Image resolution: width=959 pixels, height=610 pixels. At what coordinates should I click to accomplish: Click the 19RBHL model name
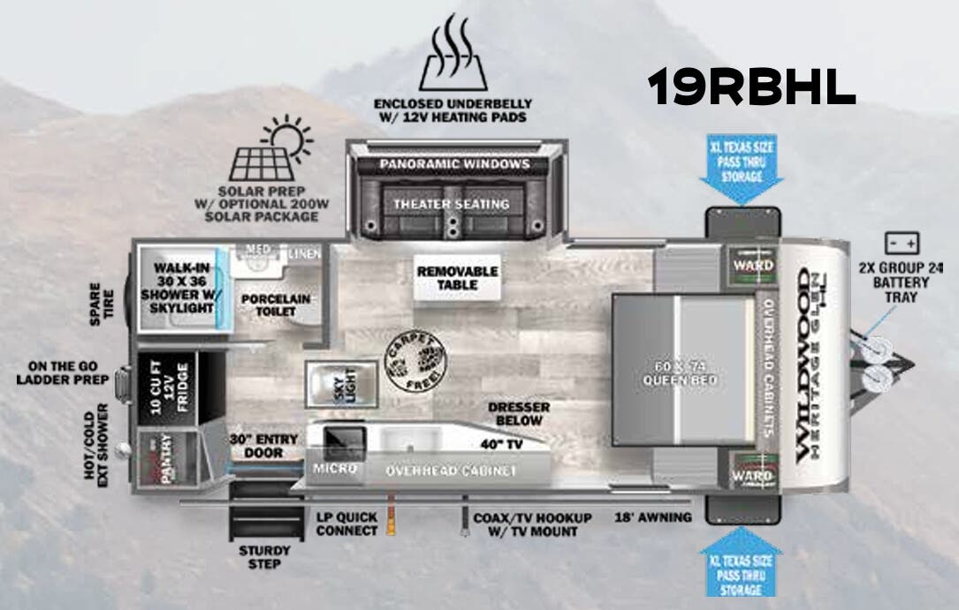(751, 87)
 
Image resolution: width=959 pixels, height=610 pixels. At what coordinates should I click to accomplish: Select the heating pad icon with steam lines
(451, 56)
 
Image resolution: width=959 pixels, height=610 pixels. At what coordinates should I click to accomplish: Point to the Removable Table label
(457, 277)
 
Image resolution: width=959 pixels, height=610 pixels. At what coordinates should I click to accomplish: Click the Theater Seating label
(452, 204)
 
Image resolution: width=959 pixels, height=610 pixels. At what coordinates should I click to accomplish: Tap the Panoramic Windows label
(454, 164)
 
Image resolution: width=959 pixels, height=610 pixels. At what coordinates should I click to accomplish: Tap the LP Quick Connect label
(346, 524)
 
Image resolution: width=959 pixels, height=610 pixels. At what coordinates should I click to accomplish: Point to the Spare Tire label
(102, 304)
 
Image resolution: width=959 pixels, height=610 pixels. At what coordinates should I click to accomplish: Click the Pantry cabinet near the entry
(161, 458)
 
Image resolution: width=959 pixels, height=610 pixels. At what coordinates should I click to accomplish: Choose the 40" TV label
(502, 445)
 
